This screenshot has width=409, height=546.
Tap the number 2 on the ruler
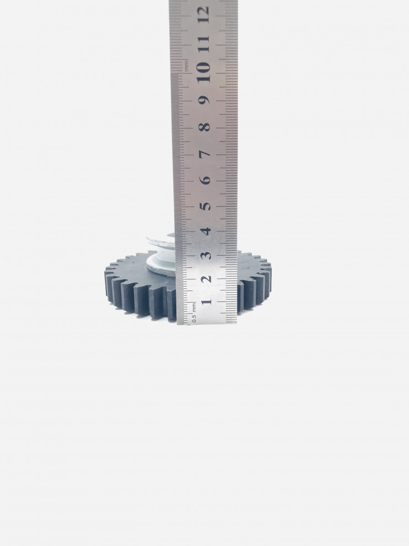[206, 279]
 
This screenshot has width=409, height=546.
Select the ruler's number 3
[206, 255]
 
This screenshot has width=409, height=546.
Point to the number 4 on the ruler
[206, 231]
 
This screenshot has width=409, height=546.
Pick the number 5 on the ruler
[206, 206]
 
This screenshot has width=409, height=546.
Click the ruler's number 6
[206, 179]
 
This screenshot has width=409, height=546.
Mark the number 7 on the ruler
[206, 153]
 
